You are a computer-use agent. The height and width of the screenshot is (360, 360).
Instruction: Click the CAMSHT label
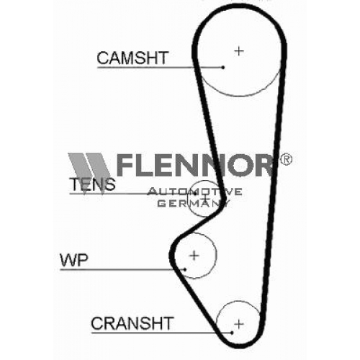[x=132, y=58]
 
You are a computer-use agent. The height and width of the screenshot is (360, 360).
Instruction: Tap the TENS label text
[x=92, y=184]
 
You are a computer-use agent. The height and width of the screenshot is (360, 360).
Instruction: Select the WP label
[x=74, y=260]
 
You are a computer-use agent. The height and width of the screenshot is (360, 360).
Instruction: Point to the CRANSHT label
[x=132, y=323]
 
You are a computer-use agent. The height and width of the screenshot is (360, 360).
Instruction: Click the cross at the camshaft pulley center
[x=239, y=51]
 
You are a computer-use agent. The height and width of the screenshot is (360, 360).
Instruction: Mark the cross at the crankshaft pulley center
[x=239, y=324]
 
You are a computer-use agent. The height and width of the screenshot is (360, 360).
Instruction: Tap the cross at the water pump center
[x=194, y=255]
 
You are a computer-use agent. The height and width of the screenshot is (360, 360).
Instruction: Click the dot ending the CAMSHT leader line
[x=223, y=68]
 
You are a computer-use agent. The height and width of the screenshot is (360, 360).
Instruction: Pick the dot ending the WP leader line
[x=185, y=269]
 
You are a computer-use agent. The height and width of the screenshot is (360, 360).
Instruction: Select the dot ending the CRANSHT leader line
[x=232, y=333]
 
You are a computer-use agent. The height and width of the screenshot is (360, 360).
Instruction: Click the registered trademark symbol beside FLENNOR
[x=286, y=159]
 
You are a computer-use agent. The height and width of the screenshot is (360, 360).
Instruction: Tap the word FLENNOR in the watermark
[x=195, y=165]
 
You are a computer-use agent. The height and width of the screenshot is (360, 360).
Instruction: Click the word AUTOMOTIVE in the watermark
[x=194, y=192]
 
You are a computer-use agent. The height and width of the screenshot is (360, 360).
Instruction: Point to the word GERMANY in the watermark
[x=194, y=203]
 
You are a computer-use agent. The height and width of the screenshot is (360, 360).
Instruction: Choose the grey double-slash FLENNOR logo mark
[x=89, y=172]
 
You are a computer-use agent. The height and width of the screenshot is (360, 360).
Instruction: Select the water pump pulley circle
[x=216, y=255]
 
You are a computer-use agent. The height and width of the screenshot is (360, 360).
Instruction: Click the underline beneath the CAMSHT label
[x=160, y=68]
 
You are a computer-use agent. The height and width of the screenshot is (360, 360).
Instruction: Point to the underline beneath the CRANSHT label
[x=161, y=333]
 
